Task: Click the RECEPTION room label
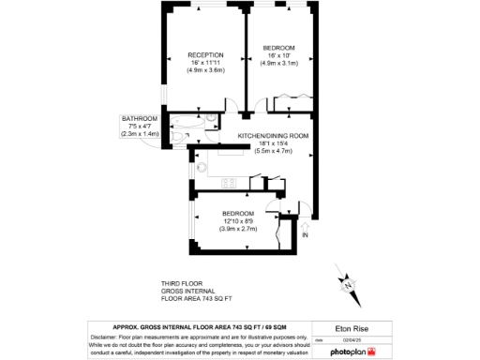[204, 54]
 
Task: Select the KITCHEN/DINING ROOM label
[273, 136]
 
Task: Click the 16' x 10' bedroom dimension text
[279, 56]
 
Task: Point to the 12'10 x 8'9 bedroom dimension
[238, 221]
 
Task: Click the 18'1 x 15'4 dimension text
[273, 143]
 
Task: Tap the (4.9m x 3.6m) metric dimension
[204, 70]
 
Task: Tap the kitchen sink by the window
[202, 169]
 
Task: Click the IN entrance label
[306, 247]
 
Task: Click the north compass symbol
[348, 281]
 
